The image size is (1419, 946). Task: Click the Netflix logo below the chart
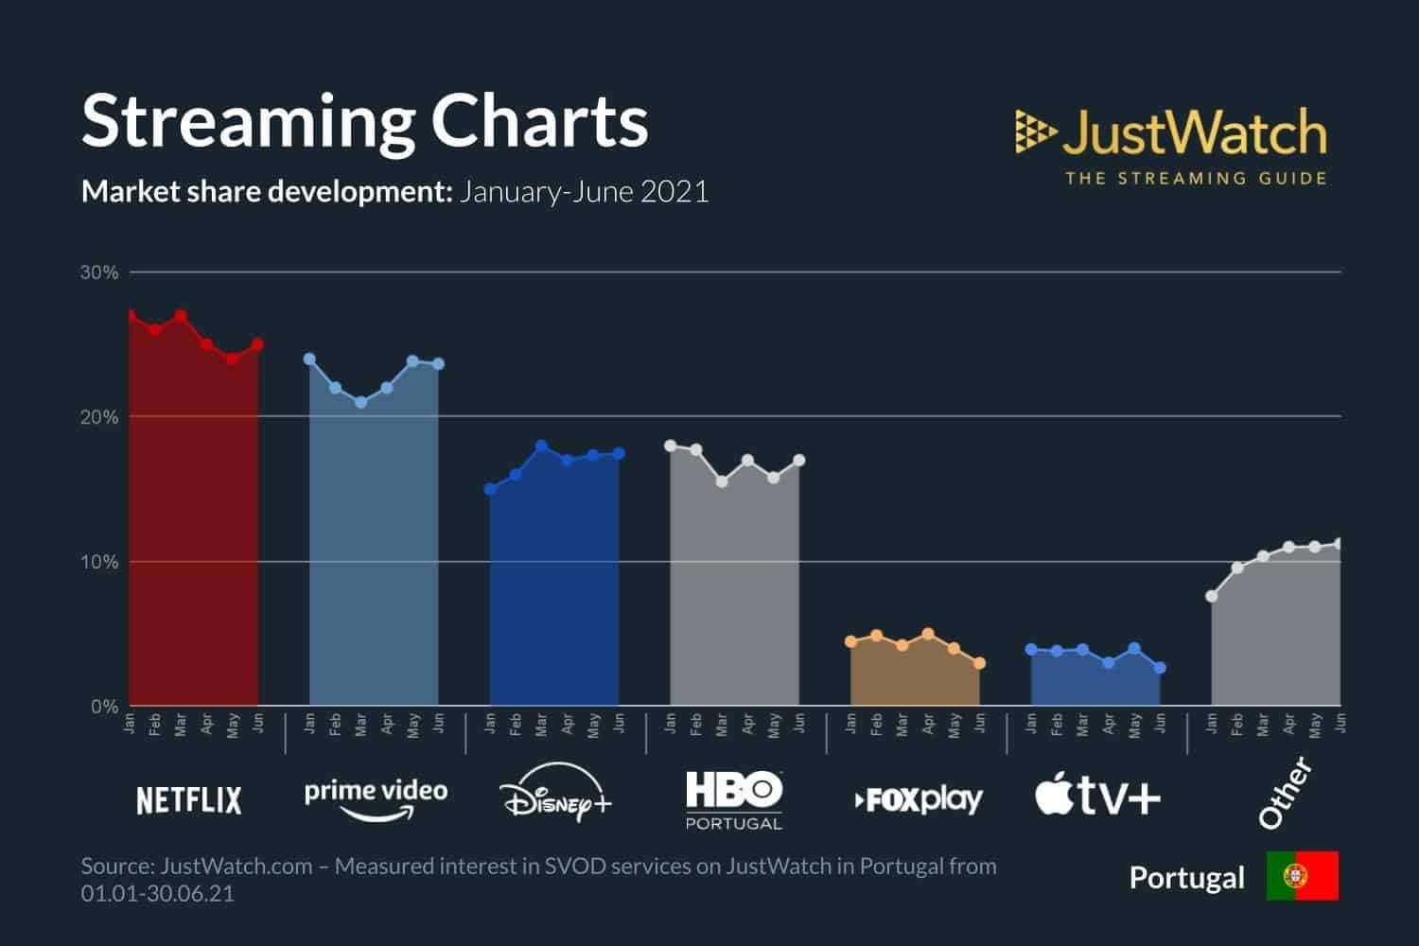189,800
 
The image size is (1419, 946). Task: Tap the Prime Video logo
376,797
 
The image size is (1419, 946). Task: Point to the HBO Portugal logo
734,799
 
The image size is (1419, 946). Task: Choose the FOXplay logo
919,800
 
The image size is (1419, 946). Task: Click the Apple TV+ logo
1097,797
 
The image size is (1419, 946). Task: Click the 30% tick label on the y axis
99,272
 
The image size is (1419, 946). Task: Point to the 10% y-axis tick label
99,562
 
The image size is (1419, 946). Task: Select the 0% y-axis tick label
104,707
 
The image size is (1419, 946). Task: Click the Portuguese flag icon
1303,876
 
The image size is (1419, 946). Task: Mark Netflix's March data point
181,316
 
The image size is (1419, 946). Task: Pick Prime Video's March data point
360,402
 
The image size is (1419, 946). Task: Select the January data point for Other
1212,596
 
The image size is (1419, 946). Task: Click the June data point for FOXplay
979,663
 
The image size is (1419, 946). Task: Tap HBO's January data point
671,445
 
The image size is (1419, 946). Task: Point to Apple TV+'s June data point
1160,668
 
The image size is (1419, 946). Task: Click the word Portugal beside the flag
1187,878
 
